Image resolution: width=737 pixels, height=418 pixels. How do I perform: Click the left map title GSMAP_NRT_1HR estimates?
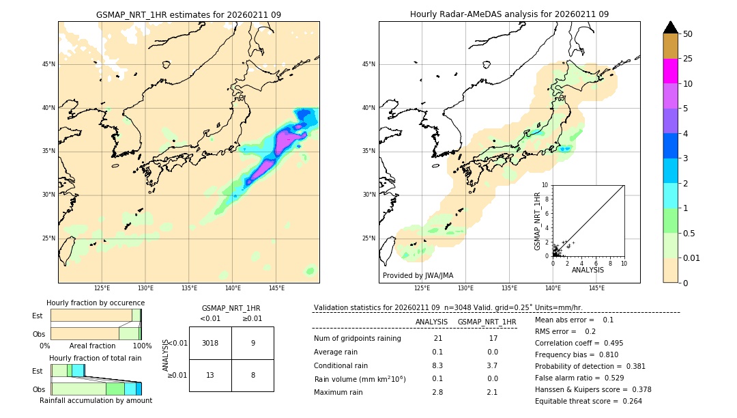(x=188, y=14)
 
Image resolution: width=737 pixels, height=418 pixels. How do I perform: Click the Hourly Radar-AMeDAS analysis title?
(x=509, y=14)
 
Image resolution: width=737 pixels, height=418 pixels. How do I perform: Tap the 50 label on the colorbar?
(x=689, y=34)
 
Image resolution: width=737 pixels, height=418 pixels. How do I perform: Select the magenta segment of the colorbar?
(x=670, y=71)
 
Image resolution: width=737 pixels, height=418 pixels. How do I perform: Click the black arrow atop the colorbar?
(x=670, y=27)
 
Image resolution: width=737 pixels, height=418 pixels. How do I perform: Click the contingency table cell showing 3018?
(x=210, y=343)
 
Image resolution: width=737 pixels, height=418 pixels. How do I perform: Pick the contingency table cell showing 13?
(x=210, y=375)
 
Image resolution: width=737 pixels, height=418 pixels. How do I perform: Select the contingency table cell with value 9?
(x=252, y=343)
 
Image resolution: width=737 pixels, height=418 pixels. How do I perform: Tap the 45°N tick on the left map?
(x=48, y=64)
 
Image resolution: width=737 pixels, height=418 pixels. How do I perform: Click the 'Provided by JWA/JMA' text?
(x=418, y=276)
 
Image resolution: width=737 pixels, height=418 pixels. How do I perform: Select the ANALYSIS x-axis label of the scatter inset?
(x=588, y=270)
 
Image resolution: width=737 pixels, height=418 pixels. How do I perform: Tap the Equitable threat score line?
(x=579, y=401)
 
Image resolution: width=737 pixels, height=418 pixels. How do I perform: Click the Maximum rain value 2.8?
(x=437, y=392)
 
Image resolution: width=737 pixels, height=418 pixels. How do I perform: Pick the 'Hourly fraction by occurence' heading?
(x=96, y=303)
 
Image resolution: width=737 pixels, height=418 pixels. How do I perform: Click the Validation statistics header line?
(x=448, y=307)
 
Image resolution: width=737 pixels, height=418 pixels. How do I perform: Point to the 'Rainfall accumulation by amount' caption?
(x=96, y=400)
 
